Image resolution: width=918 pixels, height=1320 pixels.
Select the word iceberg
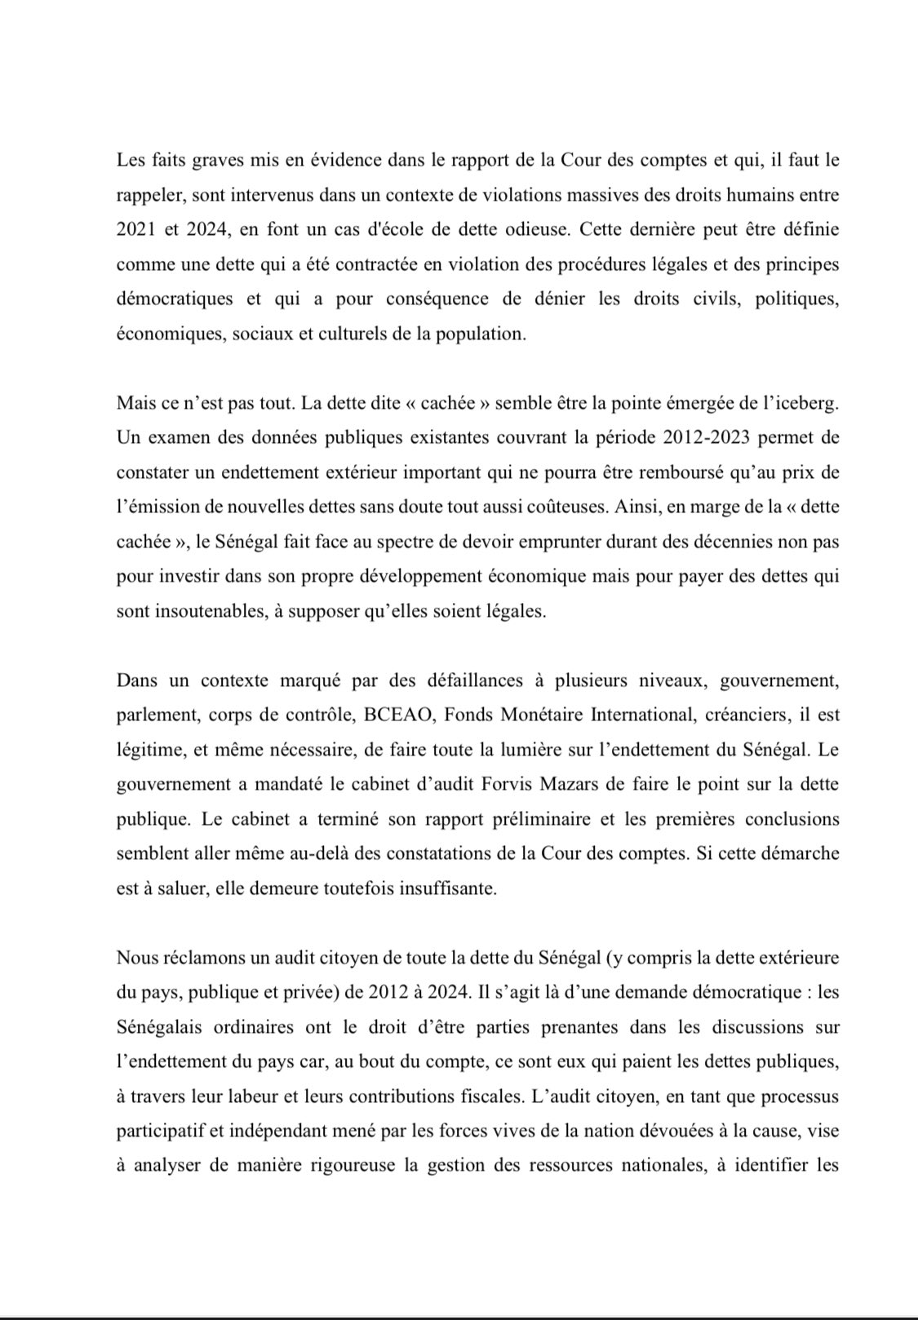click(x=805, y=402)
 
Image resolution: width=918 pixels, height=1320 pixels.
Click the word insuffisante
click(x=447, y=888)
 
